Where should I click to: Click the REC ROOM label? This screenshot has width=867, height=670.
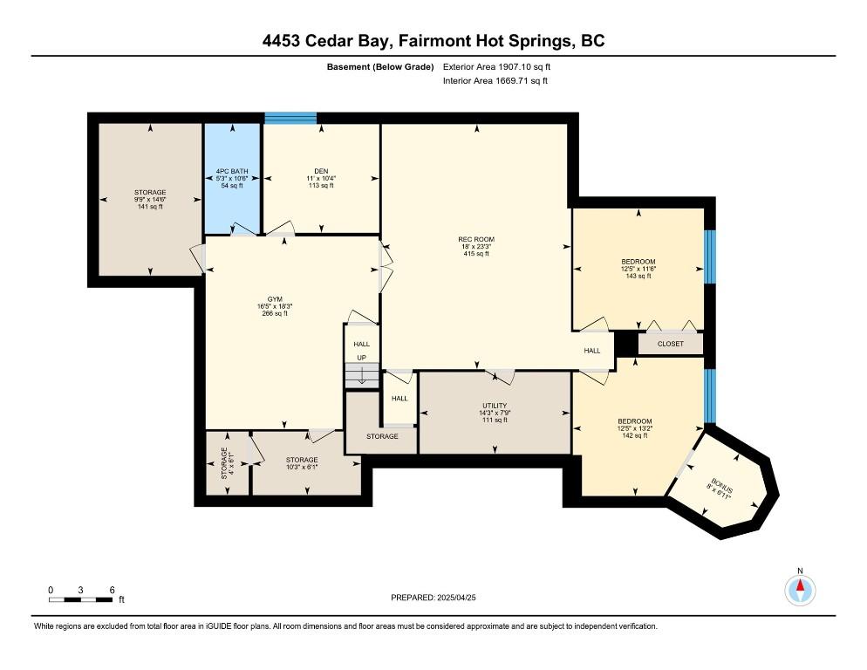coord(476,240)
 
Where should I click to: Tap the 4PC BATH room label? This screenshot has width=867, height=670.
coord(232,172)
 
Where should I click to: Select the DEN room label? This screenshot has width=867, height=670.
coord(321,172)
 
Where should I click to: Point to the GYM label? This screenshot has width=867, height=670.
coord(275,299)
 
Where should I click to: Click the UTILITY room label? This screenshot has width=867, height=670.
coord(495,406)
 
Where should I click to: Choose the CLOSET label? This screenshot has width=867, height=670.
coord(671,344)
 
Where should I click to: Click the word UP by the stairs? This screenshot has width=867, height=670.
coord(362,358)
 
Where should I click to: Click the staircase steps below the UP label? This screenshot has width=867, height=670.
coord(362,376)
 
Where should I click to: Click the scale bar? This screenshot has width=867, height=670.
coord(81,599)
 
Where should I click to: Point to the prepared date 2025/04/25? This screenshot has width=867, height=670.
coord(456,598)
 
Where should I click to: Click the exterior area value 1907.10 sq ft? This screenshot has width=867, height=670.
coord(524,67)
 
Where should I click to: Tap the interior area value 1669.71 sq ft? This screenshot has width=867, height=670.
coord(522,81)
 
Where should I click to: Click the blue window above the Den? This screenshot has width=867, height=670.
coord(290,118)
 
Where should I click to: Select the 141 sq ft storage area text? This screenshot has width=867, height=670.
coord(150,207)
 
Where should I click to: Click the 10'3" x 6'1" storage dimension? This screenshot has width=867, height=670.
coord(302,467)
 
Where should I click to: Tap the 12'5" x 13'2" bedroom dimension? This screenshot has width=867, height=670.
coord(635,428)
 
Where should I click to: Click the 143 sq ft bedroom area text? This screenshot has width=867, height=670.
coord(638,276)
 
